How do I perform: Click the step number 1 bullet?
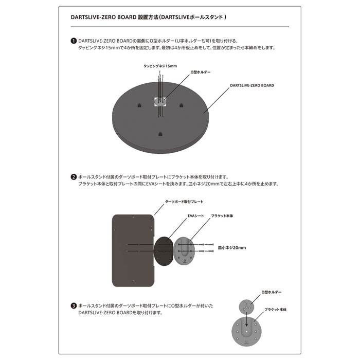click(x=74, y=41)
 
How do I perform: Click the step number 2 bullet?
click(x=74, y=176)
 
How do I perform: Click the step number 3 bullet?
click(x=74, y=305)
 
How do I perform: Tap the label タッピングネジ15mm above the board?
click(x=160, y=66)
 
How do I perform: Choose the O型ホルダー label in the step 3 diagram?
click(x=272, y=292)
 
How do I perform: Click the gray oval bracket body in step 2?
click(x=186, y=250)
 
